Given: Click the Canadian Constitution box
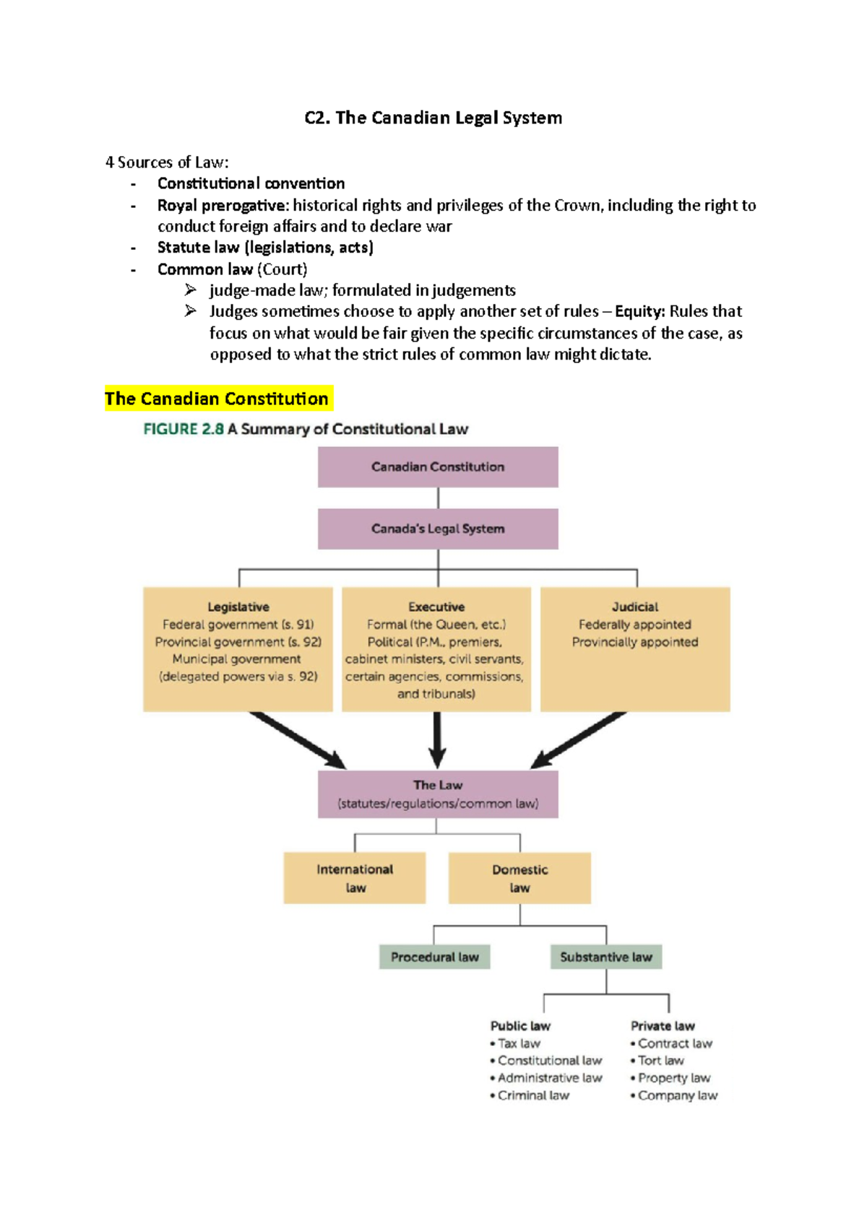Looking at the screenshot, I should [438, 466].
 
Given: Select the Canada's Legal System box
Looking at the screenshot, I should [438, 529].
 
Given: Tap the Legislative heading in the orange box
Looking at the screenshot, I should [238, 607].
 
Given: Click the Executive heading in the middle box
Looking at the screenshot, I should [436, 607].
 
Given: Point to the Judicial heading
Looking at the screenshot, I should [635, 607].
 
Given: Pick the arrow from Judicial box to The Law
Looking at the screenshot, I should [578, 740].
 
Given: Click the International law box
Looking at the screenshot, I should [355, 878].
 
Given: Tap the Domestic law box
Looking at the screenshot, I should [519, 878].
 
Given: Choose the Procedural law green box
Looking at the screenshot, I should [435, 957].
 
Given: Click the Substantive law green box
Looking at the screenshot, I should [606, 957].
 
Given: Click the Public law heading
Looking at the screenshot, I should [520, 1025].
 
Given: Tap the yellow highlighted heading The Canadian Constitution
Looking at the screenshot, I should [217, 399].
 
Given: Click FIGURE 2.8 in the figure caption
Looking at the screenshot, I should [184, 429].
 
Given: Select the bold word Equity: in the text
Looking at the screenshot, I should [639, 311].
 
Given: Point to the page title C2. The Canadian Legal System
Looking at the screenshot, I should [433, 118].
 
